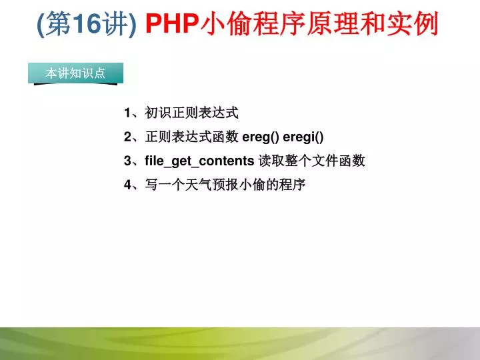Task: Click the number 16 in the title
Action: click(87, 23)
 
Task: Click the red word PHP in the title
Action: click(172, 23)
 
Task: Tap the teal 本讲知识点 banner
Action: click(75, 73)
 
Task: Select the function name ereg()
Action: click(261, 137)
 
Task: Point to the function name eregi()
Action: click(303, 137)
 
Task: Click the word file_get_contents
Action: click(199, 161)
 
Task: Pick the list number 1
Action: click(127, 113)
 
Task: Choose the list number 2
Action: click(127, 137)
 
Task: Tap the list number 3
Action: click(127, 161)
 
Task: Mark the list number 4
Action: click(127, 185)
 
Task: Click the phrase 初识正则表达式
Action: click(191, 113)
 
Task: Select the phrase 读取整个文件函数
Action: click(312, 161)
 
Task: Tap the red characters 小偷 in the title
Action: click(226, 23)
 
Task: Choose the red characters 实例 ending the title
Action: click(412, 23)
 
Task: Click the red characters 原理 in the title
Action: click(333, 23)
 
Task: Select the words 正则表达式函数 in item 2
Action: click(191, 137)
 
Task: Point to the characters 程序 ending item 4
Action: click(292, 185)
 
